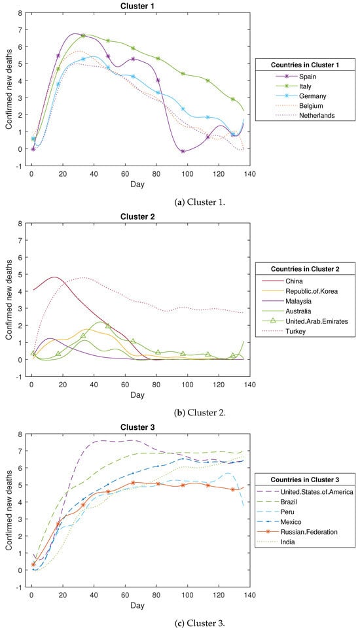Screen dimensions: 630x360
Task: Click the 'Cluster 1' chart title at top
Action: tap(138, 6)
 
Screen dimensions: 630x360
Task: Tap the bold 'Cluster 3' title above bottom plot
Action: tap(138, 427)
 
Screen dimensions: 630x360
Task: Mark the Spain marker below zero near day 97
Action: tap(183, 152)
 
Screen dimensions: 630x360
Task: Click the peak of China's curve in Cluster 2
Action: tap(54, 277)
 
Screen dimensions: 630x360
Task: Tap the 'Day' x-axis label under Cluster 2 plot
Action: tap(138, 395)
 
